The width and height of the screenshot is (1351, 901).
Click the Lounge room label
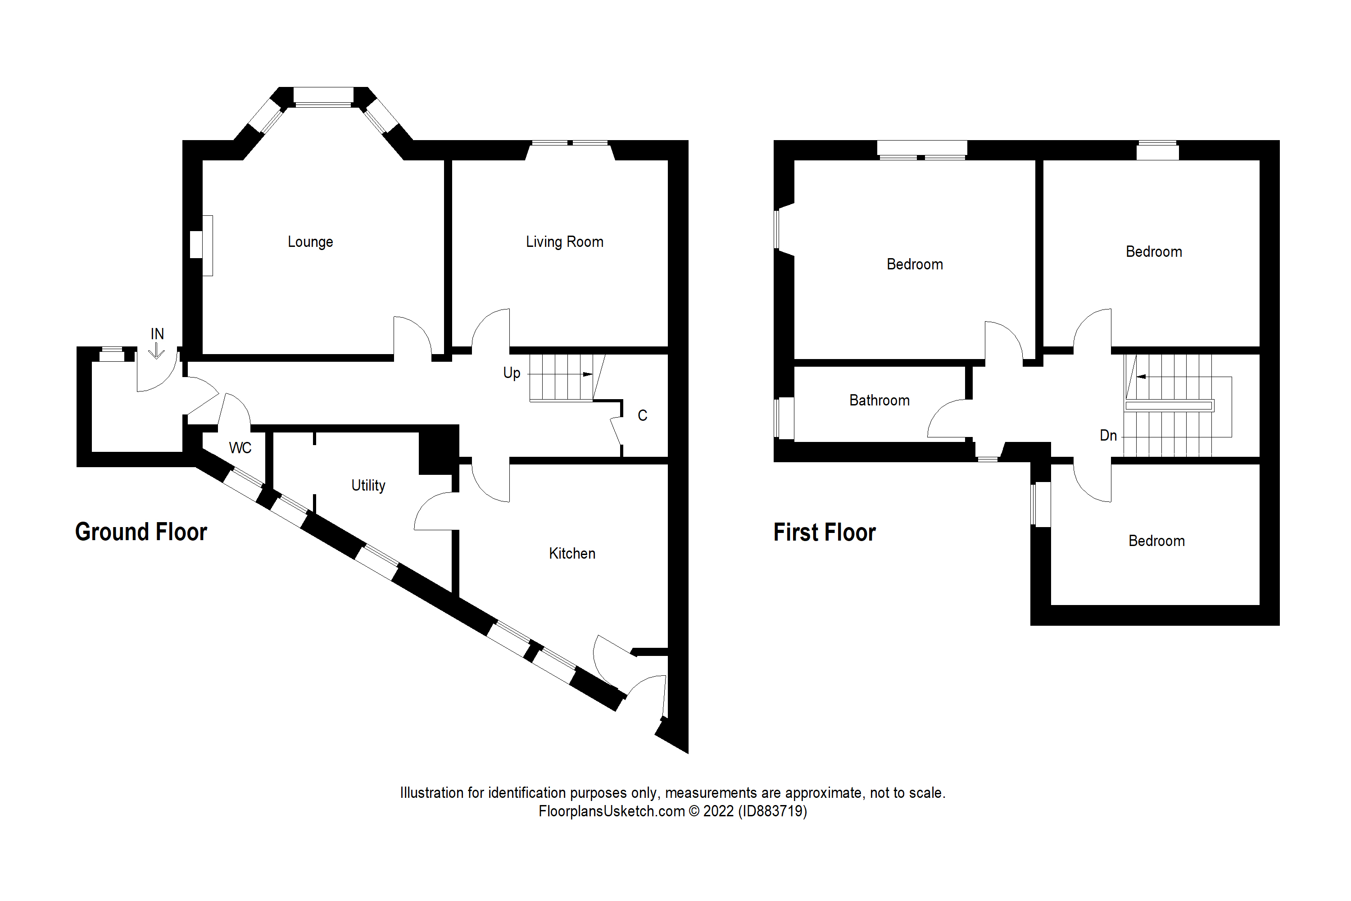[x=310, y=242]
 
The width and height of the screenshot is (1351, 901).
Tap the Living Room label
[x=564, y=242]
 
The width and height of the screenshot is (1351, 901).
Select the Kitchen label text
[x=571, y=553]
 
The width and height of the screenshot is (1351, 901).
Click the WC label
[x=240, y=448]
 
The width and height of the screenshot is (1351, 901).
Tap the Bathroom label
[x=879, y=400]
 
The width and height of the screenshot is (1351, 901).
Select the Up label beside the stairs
[x=511, y=373]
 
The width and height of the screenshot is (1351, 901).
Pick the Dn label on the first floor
[x=1107, y=436]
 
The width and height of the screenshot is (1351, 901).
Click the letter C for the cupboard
[x=642, y=415]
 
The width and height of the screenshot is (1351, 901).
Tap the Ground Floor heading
[x=141, y=532]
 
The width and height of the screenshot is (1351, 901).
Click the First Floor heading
[x=824, y=532]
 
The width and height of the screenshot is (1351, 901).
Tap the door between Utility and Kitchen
[x=434, y=510]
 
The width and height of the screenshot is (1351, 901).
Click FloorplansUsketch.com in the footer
[x=611, y=811]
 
